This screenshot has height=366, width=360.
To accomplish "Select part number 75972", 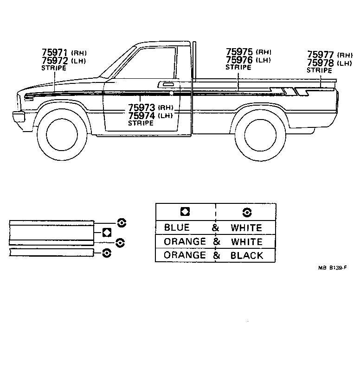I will (54, 61).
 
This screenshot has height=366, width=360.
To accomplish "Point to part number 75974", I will (142, 116).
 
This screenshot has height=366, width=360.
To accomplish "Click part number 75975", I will (239, 52).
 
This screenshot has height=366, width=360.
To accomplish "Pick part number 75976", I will (239, 60).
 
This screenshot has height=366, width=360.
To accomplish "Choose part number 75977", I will (321, 55).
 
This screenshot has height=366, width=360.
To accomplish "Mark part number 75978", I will (321, 63).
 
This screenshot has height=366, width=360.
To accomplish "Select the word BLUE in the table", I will (177, 227).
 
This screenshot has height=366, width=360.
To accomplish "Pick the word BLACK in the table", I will (246, 255).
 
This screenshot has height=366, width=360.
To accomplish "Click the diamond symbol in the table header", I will (185, 212).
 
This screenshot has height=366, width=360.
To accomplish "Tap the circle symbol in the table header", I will (246, 212).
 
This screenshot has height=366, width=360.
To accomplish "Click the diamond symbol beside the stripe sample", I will (107, 232).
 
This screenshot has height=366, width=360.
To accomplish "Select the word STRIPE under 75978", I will (319, 70).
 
